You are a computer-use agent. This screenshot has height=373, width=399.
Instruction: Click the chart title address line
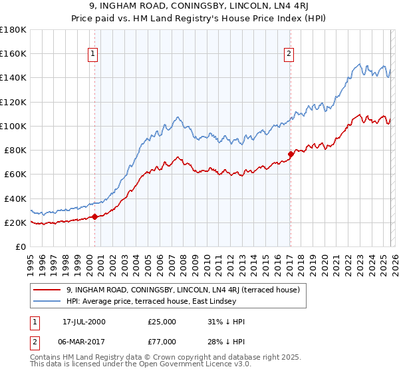coord(199,7)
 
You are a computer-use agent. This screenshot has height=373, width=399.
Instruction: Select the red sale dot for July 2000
coord(94,216)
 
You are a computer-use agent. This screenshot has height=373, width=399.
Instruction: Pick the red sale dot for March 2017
coord(291,154)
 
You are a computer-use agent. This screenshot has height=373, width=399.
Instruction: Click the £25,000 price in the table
coord(162,322)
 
